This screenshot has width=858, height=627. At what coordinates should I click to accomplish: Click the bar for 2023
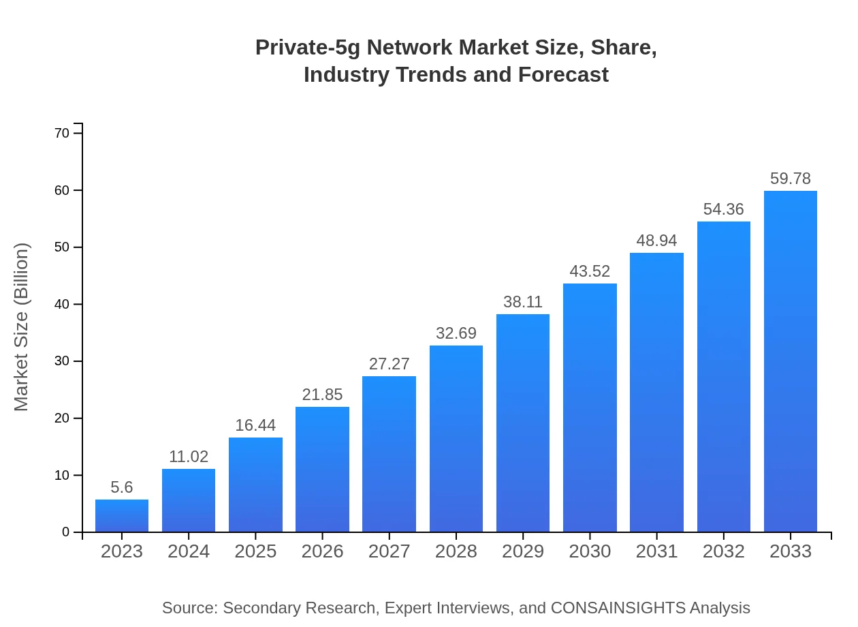click(x=122, y=516)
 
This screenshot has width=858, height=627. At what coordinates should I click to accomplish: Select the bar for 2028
click(x=456, y=439)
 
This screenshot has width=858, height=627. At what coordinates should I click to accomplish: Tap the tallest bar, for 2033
click(x=791, y=361)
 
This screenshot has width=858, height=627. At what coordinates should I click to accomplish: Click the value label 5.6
click(x=122, y=487)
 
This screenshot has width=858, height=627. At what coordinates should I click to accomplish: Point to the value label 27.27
click(x=390, y=364)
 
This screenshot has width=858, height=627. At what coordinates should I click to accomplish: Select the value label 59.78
click(x=791, y=179)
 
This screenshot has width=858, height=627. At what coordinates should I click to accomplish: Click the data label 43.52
click(x=590, y=271)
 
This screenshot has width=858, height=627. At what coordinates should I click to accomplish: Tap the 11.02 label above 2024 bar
click(x=189, y=457)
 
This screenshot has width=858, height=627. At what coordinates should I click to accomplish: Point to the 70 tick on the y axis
click(x=62, y=133)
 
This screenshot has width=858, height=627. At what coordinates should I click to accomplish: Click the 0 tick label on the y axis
click(x=66, y=532)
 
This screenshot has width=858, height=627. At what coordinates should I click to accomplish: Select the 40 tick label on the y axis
click(x=62, y=304)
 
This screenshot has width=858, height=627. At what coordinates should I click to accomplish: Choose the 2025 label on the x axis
click(x=255, y=551)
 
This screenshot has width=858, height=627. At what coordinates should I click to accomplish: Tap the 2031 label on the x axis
click(x=656, y=551)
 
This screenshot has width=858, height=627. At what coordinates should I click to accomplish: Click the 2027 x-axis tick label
click(x=390, y=551)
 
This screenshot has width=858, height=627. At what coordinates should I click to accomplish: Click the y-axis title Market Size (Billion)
click(x=22, y=327)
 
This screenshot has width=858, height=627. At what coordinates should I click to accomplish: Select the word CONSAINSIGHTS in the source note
click(x=618, y=608)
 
